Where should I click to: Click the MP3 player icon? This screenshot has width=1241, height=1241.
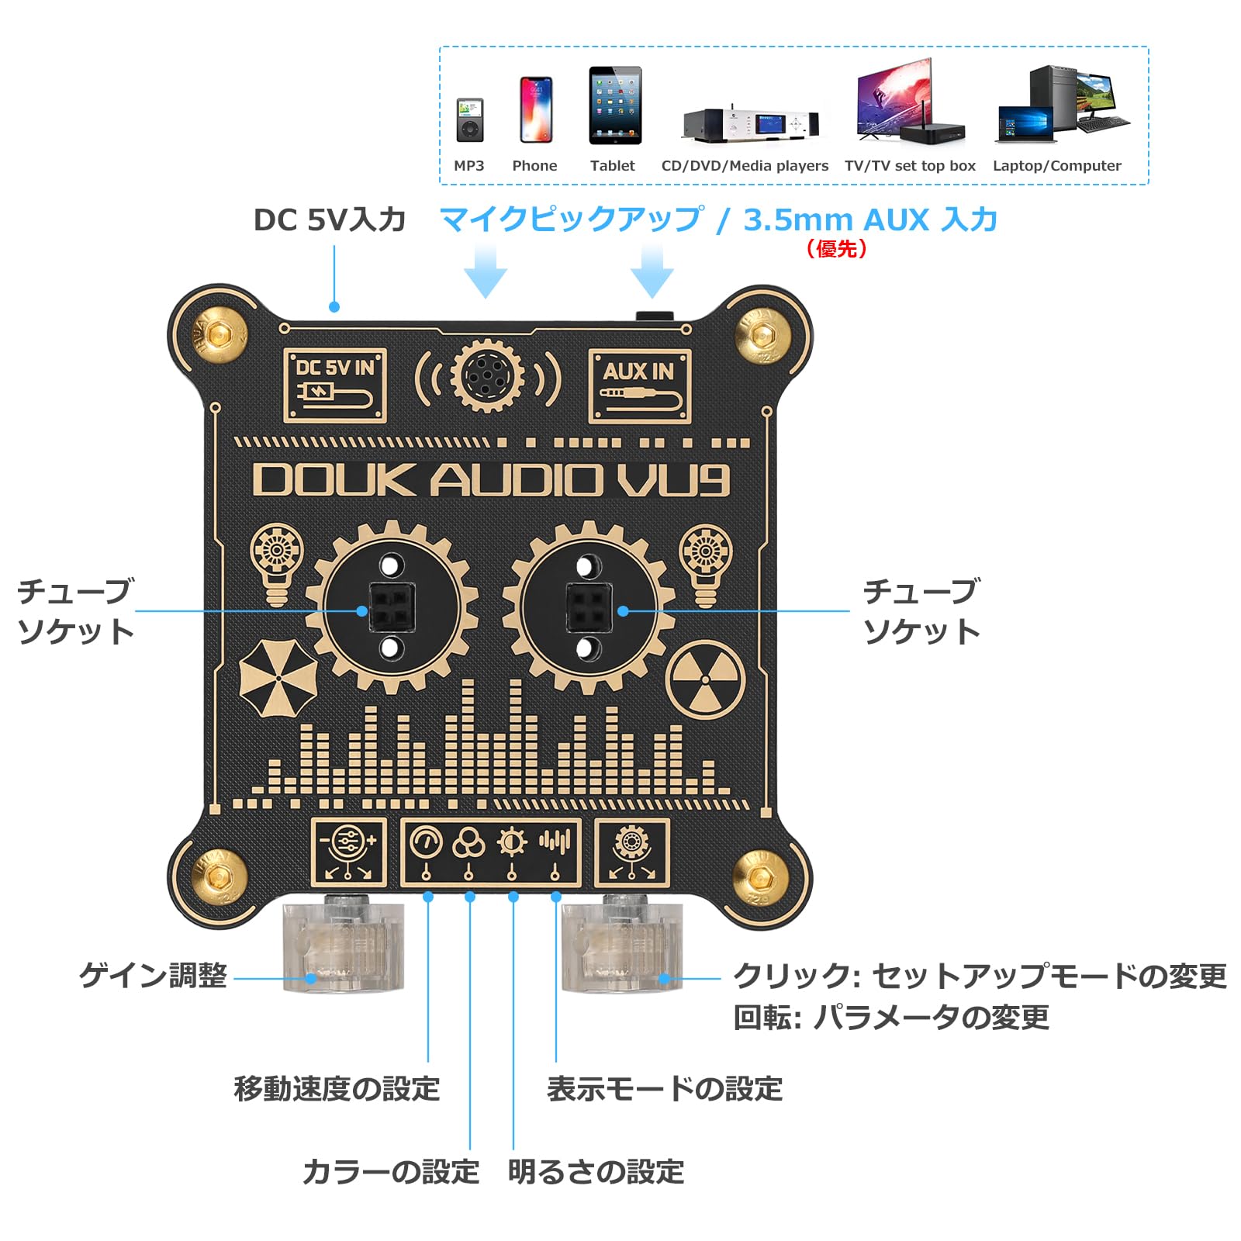[469, 120]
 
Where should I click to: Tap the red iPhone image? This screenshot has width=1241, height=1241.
[535, 109]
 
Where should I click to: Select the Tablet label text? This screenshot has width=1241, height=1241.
[612, 165]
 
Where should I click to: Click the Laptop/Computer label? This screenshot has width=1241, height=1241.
[1056, 165]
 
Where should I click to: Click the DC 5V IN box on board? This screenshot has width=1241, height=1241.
[334, 385]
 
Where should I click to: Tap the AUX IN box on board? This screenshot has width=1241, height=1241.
[639, 385]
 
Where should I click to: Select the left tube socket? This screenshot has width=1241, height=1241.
[392, 607]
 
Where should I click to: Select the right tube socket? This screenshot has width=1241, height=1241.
[589, 607]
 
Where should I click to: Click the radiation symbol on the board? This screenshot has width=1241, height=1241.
[705, 679]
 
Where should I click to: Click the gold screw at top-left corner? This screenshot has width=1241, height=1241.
[220, 335]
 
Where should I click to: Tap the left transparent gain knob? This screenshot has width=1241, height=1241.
[344, 946]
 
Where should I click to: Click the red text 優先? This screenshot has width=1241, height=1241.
[836, 248]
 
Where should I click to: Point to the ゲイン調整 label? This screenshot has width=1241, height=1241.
[153, 975]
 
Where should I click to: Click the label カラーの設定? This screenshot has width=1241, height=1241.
[391, 1171]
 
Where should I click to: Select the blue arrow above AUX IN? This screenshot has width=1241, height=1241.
[652, 271]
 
